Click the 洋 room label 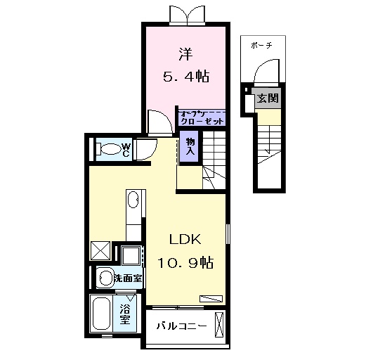(x=185, y=52)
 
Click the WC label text (x=126, y=149)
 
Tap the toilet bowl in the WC (x=109, y=150)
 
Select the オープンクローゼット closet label (x=202, y=117)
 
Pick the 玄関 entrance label (x=267, y=98)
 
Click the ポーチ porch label (x=261, y=45)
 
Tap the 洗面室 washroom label (x=129, y=277)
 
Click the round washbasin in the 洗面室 (x=105, y=276)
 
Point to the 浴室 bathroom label (x=125, y=313)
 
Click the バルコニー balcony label (x=181, y=326)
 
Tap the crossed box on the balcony (x=220, y=326)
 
